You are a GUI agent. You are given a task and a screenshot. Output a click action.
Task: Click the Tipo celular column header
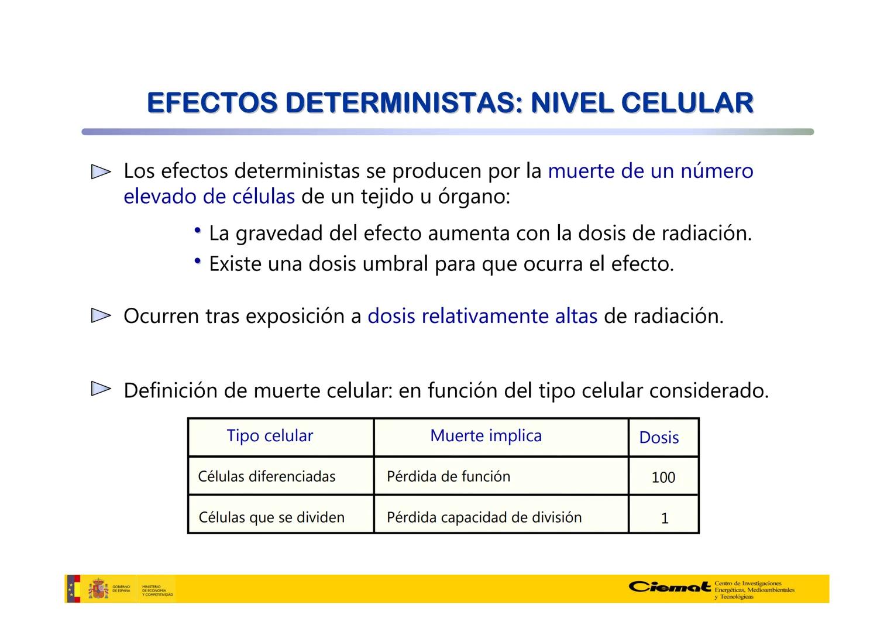[x=270, y=436]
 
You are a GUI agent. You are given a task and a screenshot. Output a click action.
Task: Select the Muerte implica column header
[x=486, y=436]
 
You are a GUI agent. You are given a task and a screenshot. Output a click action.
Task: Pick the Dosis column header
[x=659, y=438]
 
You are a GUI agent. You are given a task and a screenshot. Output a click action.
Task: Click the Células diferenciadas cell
[x=267, y=476]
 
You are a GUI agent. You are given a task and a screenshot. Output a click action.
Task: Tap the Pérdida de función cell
[x=448, y=476]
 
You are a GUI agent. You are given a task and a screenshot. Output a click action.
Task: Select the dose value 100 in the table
[x=663, y=478]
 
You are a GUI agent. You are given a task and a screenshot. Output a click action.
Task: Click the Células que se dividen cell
[x=271, y=517]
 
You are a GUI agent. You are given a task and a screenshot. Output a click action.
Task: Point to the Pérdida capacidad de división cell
[x=484, y=517]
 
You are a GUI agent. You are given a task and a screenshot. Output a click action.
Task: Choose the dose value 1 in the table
[x=664, y=518]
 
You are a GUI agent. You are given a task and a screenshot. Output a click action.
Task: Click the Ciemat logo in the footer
[x=669, y=587]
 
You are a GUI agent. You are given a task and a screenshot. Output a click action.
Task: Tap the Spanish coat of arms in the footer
[x=98, y=589]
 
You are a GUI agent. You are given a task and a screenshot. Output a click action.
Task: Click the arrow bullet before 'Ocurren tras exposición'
[x=101, y=316]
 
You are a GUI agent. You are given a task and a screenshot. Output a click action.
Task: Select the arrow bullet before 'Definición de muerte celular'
[x=101, y=389]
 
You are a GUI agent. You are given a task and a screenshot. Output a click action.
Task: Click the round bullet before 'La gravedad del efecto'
[x=198, y=231]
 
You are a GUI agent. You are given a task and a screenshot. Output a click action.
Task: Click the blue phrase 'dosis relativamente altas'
[x=482, y=316]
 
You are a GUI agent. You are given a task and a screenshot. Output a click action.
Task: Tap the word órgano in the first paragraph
[x=473, y=197]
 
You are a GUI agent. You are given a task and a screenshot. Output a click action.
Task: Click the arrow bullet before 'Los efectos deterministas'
[x=101, y=171]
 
